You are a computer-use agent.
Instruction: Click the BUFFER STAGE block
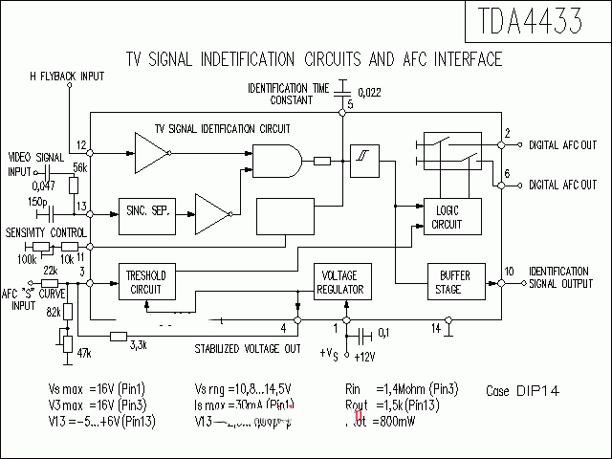pos(448,282)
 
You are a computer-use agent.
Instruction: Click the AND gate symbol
pos(277,160)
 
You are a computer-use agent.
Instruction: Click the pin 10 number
pos(510,272)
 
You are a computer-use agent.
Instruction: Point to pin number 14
pos(436,328)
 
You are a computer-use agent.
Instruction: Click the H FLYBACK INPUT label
pos(66,75)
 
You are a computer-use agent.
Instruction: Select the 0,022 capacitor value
pos(369,92)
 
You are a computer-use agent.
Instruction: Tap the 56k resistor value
pos(79,168)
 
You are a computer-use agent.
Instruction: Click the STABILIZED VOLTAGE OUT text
pos(248,348)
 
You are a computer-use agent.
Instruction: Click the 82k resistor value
pos(55,313)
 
